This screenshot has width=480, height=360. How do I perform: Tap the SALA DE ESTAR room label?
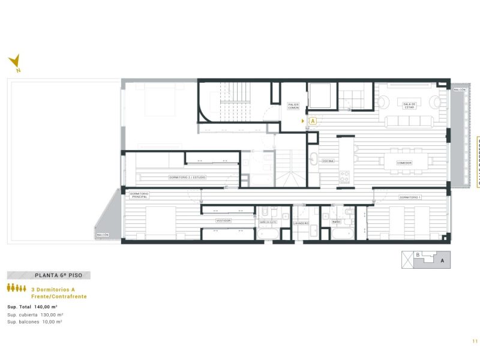click(x=410, y=104)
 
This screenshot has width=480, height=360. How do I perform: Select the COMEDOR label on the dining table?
click(x=404, y=162)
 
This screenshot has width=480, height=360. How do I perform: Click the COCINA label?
click(x=328, y=161)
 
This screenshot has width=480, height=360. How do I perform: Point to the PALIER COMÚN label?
click(x=293, y=106)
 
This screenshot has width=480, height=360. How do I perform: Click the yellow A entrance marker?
click(x=313, y=121)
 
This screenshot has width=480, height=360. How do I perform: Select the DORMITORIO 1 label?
click(x=411, y=197)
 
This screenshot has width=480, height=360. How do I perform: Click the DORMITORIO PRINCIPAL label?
click(x=139, y=196)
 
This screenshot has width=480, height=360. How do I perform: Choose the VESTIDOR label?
click(x=224, y=221)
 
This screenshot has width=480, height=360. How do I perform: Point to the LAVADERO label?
click(x=301, y=223)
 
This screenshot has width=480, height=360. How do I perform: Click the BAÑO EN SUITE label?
click(x=268, y=222)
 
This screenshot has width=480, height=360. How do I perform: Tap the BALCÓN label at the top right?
click(x=460, y=89)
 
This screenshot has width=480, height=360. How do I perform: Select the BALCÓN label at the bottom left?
click(x=103, y=235)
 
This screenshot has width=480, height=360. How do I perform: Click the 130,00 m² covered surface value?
click(x=52, y=314)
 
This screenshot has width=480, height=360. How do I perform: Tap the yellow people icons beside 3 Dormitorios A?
click(x=17, y=289)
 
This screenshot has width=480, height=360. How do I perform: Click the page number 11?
click(x=474, y=341)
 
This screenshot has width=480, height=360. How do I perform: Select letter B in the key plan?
click(x=418, y=254)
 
